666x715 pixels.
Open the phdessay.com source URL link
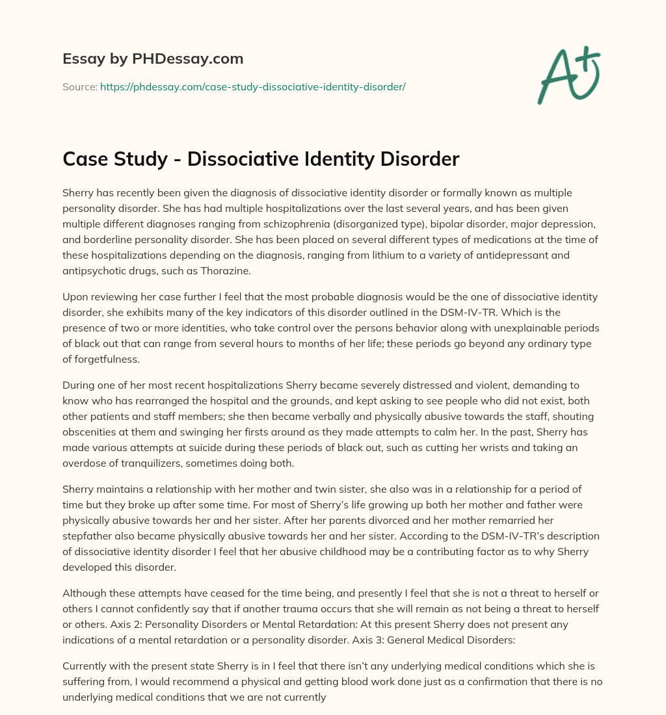point(252,86)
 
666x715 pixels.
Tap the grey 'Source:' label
point(79,86)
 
